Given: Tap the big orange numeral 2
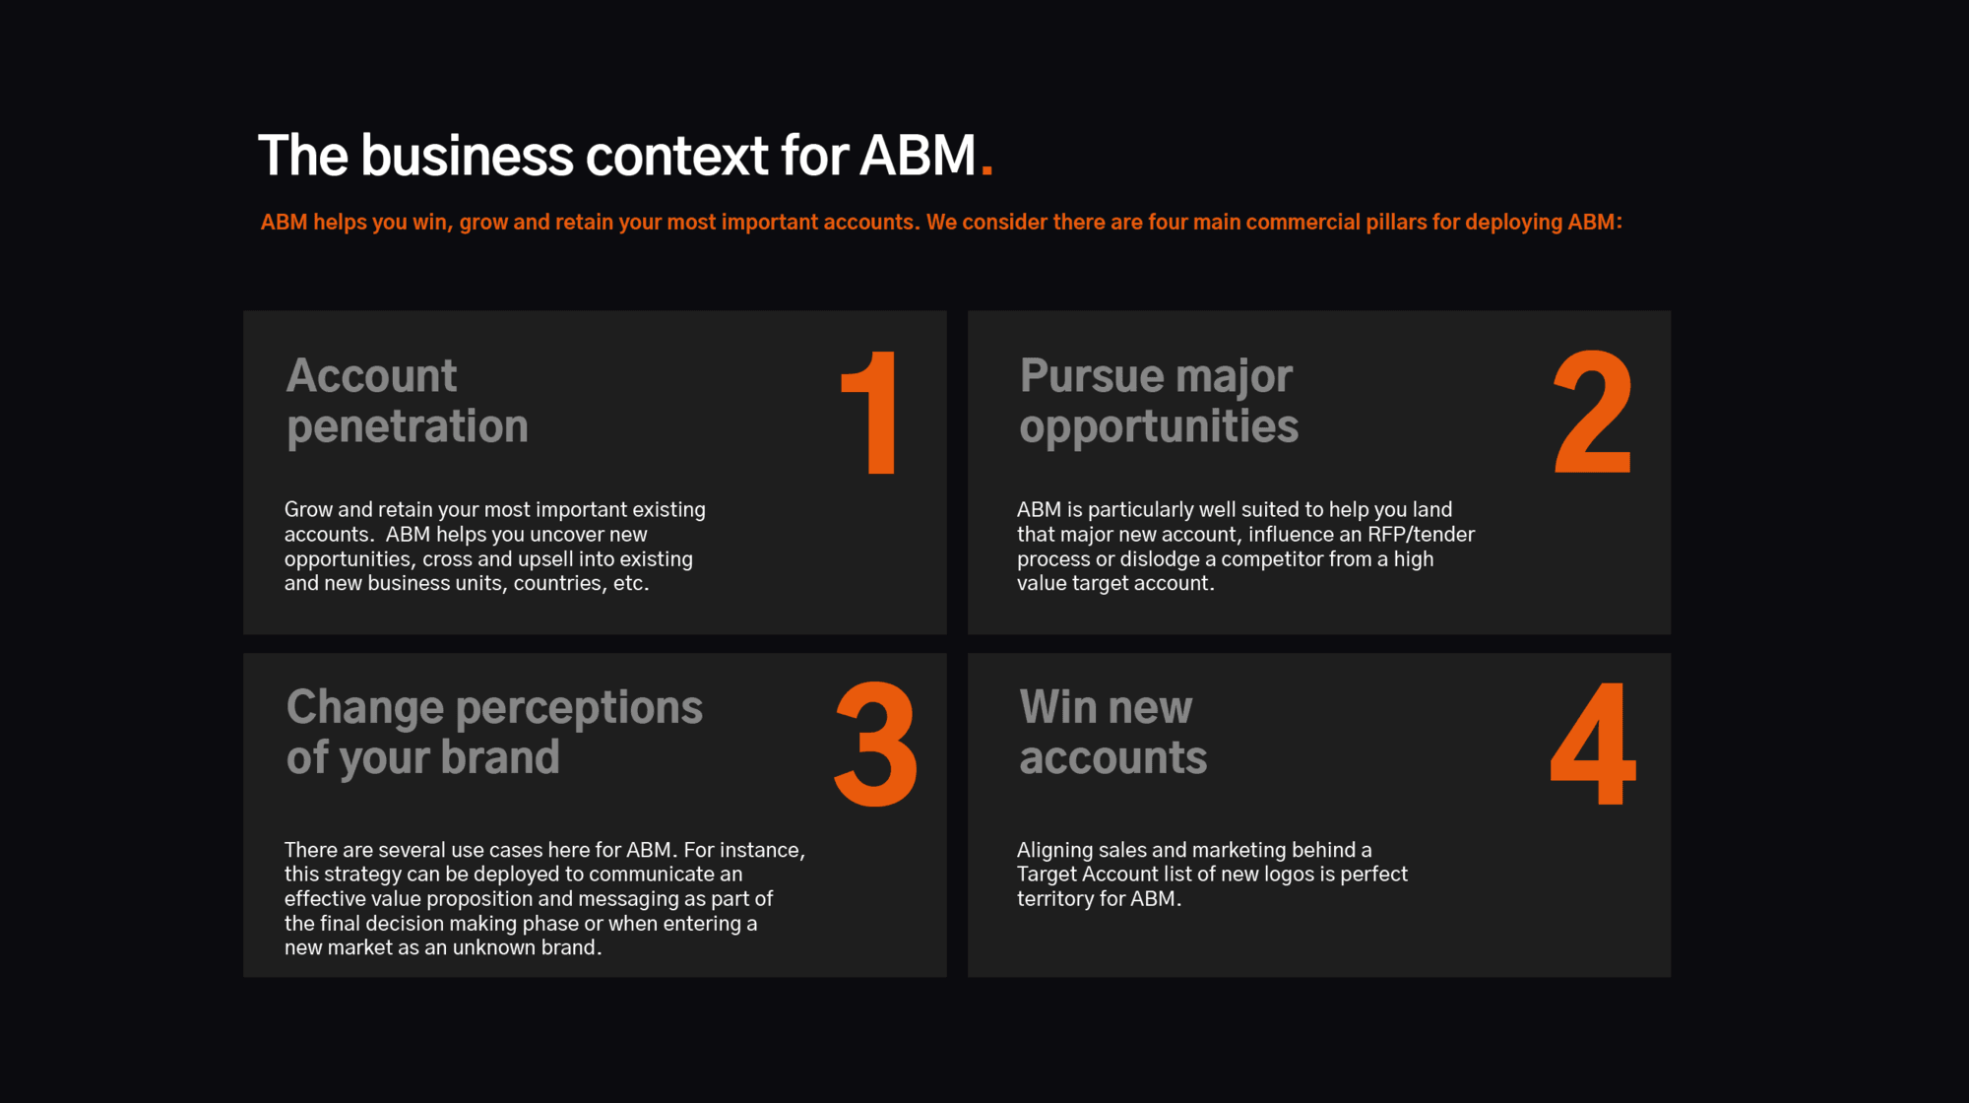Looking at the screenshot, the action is pos(1593,413).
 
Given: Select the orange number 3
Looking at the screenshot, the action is pos(875,744).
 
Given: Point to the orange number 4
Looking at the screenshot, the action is pos(1593,744).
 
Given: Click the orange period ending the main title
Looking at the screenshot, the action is pos(986,170).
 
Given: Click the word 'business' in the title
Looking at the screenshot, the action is pos(467,156).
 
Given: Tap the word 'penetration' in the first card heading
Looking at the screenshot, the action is pos(408,427).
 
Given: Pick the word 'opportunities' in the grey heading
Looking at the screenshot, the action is pos(1159,427).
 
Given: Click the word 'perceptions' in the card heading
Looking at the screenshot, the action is pos(579,708).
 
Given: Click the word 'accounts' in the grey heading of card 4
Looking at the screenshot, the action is pos(1113,758).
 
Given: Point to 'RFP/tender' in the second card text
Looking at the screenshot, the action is pos(1421,535).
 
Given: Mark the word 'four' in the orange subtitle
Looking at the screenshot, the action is pos(1168,223).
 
